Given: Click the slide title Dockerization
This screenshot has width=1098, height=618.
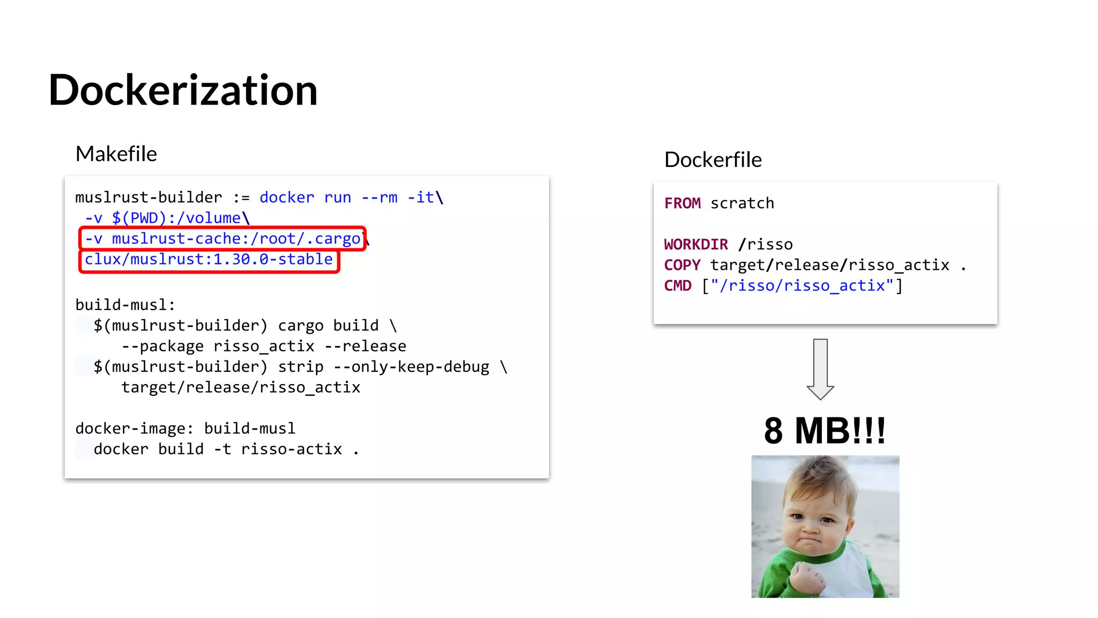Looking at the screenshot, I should click(x=183, y=90).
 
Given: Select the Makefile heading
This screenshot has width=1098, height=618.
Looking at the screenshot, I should click(x=116, y=154).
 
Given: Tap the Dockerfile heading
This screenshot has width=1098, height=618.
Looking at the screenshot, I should click(x=713, y=160).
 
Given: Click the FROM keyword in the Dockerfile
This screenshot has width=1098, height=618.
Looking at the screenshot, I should click(x=682, y=203).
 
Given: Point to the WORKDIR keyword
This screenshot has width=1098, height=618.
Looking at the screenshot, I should click(x=695, y=245).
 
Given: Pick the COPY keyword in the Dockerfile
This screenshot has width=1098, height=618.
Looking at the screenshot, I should click(x=682, y=265).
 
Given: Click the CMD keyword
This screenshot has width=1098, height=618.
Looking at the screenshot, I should click(x=678, y=285).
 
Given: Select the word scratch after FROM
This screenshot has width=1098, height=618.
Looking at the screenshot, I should click(x=742, y=203).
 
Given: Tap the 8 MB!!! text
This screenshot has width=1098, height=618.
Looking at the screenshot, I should click(x=825, y=430).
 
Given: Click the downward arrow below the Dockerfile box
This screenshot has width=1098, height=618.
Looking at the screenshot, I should click(x=820, y=369).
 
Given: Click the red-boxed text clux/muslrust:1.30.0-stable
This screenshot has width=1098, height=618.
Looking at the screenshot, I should click(x=209, y=260).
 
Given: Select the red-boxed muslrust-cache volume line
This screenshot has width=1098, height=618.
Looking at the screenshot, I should click(x=222, y=239).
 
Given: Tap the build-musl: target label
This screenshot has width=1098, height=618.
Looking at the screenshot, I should click(x=125, y=305).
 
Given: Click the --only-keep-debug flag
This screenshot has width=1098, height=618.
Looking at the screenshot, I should click(x=411, y=367).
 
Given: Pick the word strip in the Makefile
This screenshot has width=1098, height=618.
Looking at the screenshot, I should click(x=300, y=367).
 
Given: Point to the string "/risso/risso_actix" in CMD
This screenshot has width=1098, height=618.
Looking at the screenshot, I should click(x=802, y=285).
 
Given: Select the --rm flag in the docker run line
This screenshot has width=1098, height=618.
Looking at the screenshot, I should click(x=379, y=198).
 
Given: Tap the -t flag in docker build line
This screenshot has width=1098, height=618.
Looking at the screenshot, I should click(x=222, y=449).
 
